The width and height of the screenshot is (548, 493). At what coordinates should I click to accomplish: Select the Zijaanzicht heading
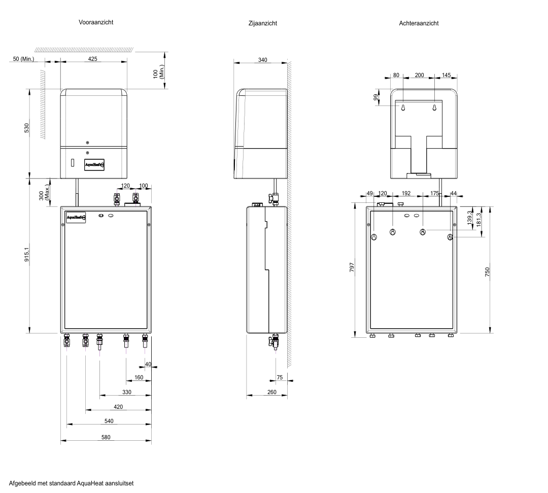(x=263, y=23)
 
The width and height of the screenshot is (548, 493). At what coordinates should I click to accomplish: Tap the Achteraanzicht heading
(x=419, y=23)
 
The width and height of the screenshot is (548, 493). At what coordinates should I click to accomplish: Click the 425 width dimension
(x=93, y=59)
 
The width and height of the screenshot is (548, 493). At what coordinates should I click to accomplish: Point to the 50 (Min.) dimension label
(x=23, y=59)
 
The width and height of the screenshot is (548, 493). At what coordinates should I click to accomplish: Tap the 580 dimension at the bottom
(x=106, y=437)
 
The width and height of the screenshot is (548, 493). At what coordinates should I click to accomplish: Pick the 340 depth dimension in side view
(x=262, y=60)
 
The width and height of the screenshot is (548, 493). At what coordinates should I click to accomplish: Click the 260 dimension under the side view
(x=271, y=393)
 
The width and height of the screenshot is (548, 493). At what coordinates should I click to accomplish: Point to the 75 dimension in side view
(x=279, y=377)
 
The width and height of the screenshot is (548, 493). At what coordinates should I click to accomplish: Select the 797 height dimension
(x=352, y=268)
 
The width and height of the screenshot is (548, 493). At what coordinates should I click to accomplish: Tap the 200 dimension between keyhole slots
(x=419, y=75)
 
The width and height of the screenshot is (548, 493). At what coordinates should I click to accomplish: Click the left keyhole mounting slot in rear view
(x=402, y=108)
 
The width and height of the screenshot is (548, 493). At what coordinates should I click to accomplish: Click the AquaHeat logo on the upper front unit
(x=94, y=164)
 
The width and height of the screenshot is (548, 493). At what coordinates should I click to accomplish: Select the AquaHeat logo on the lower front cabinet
(x=76, y=218)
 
